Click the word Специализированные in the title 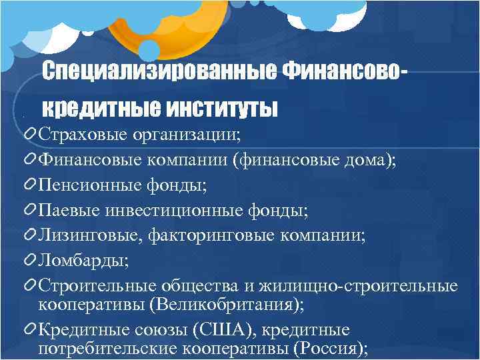point(160,70)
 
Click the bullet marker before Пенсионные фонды point(30,183)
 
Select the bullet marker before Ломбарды point(30,259)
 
